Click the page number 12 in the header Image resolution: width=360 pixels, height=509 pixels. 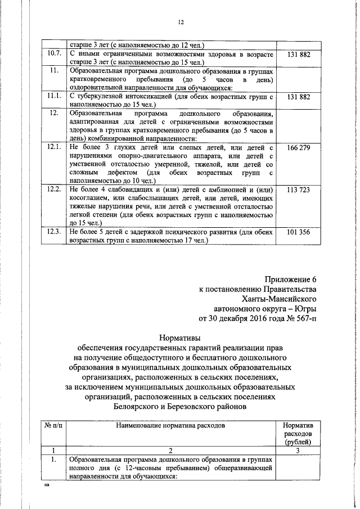(181, 22)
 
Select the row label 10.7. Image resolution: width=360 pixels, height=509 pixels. (54, 55)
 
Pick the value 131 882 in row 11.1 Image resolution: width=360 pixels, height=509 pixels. (298, 97)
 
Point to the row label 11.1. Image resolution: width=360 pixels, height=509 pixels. (54, 97)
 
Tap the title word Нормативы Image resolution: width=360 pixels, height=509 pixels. (180, 339)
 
